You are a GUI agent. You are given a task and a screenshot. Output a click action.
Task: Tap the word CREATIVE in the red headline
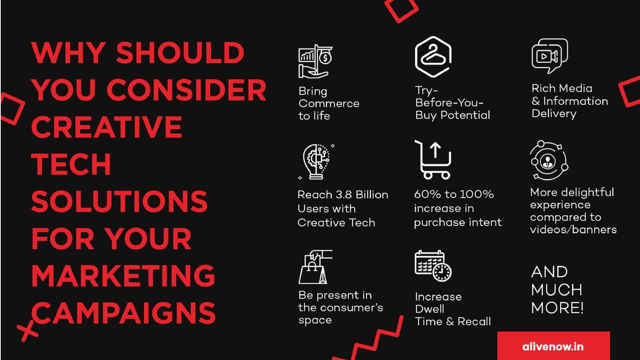pyautogui.click(x=106, y=127)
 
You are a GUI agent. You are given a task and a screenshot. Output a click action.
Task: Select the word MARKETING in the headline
pyautogui.click(x=123, y=276)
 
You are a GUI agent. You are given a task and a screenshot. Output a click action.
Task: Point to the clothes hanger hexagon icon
pyautogui.click(x=434, y=57)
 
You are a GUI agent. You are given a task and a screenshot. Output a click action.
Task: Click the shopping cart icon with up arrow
pyautogui.click(x=433, y=160)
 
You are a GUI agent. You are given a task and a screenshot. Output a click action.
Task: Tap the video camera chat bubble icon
pyautogui.click(x=550, y=56)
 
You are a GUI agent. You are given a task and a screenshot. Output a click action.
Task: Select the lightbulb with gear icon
pyautogui.click(x=316, y=162)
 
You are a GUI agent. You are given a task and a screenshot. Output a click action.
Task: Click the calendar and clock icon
pyautogui.click(x=433, y=266)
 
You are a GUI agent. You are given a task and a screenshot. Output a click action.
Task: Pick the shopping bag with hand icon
pyautogui.click(x=316, y=267)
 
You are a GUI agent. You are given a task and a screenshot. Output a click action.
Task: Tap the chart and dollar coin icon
pyautogui.click(x=316, y=61)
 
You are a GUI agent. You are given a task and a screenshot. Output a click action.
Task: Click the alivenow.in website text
pyautogui.click(x=553, y=346)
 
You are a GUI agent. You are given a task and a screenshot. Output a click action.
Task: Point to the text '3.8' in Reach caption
pyautogui.click(x=344, y=194)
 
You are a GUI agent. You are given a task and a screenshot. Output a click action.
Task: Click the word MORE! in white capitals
pyautogui.click(x=557, y=308)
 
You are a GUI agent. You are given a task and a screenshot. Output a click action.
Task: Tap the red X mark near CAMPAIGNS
pyautogui.click(x=27, y=331)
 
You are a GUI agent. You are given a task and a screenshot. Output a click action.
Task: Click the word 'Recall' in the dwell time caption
pyautogui.click(x=474, y=322)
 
